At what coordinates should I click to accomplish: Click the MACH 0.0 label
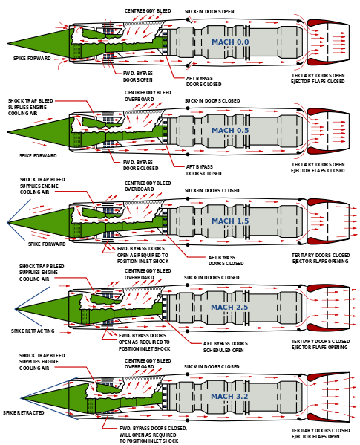click(x=230, y=42)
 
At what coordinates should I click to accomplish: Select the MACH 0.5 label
click(x=230, y=131)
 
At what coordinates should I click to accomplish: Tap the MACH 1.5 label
click(x=230, y=221)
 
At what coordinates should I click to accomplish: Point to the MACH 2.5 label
click(x=229, y=308)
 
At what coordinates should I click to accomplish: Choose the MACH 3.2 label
click(x=229, y=397)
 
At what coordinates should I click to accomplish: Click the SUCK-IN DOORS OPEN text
click(x=209, y=12)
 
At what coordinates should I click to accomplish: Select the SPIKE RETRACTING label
click(x=33, y=331)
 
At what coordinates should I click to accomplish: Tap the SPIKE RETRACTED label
click(x=24, y=412)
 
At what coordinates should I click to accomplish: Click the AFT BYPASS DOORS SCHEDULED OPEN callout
click(x=226, y=347)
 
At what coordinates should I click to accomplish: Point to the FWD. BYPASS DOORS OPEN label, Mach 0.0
click(x=138, y=77)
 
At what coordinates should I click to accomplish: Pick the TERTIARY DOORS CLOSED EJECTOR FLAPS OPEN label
click(x=321, y=433)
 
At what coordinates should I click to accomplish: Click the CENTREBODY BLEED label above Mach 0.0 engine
click(x=148, y=11)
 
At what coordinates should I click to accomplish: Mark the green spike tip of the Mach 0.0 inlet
click(x=7, y=44)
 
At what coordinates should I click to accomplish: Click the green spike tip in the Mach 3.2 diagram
click(x=22, y=398)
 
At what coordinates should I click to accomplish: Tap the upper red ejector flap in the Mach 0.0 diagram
click(x=327, y=23)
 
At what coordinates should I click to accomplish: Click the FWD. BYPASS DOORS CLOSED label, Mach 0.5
click(x=140, y=165)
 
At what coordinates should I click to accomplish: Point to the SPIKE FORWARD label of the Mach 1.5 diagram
click(x=47, y=244)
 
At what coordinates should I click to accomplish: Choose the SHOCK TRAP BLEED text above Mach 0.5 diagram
click(x=30, y=101)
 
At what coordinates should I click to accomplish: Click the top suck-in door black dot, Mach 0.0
click(x=188, y=19)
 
